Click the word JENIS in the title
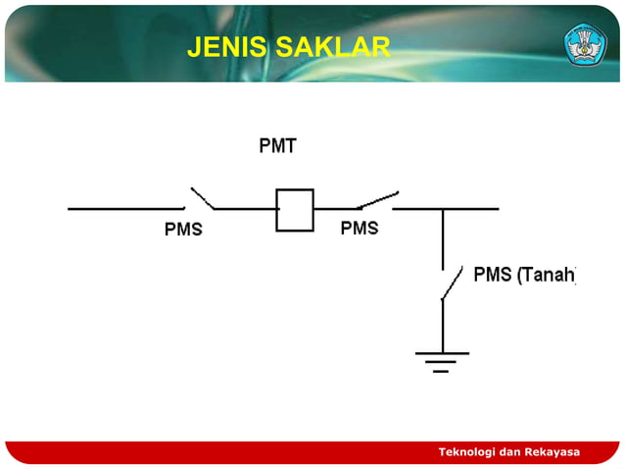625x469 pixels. coord(221,46)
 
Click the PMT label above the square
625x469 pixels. coord(277,147)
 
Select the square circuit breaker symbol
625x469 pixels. coord(294,209)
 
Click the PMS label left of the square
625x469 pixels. coord(183,231)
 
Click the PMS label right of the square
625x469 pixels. coord(360,229)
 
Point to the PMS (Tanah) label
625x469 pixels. coord(524,275)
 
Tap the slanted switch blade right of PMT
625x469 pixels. coord(378,199)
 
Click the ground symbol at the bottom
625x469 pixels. coord(442,360)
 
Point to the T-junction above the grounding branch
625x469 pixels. coord(443,209)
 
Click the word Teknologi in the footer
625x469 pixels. coord(468,451)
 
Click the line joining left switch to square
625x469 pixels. coord(246,208)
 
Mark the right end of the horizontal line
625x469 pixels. coord(497,208)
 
